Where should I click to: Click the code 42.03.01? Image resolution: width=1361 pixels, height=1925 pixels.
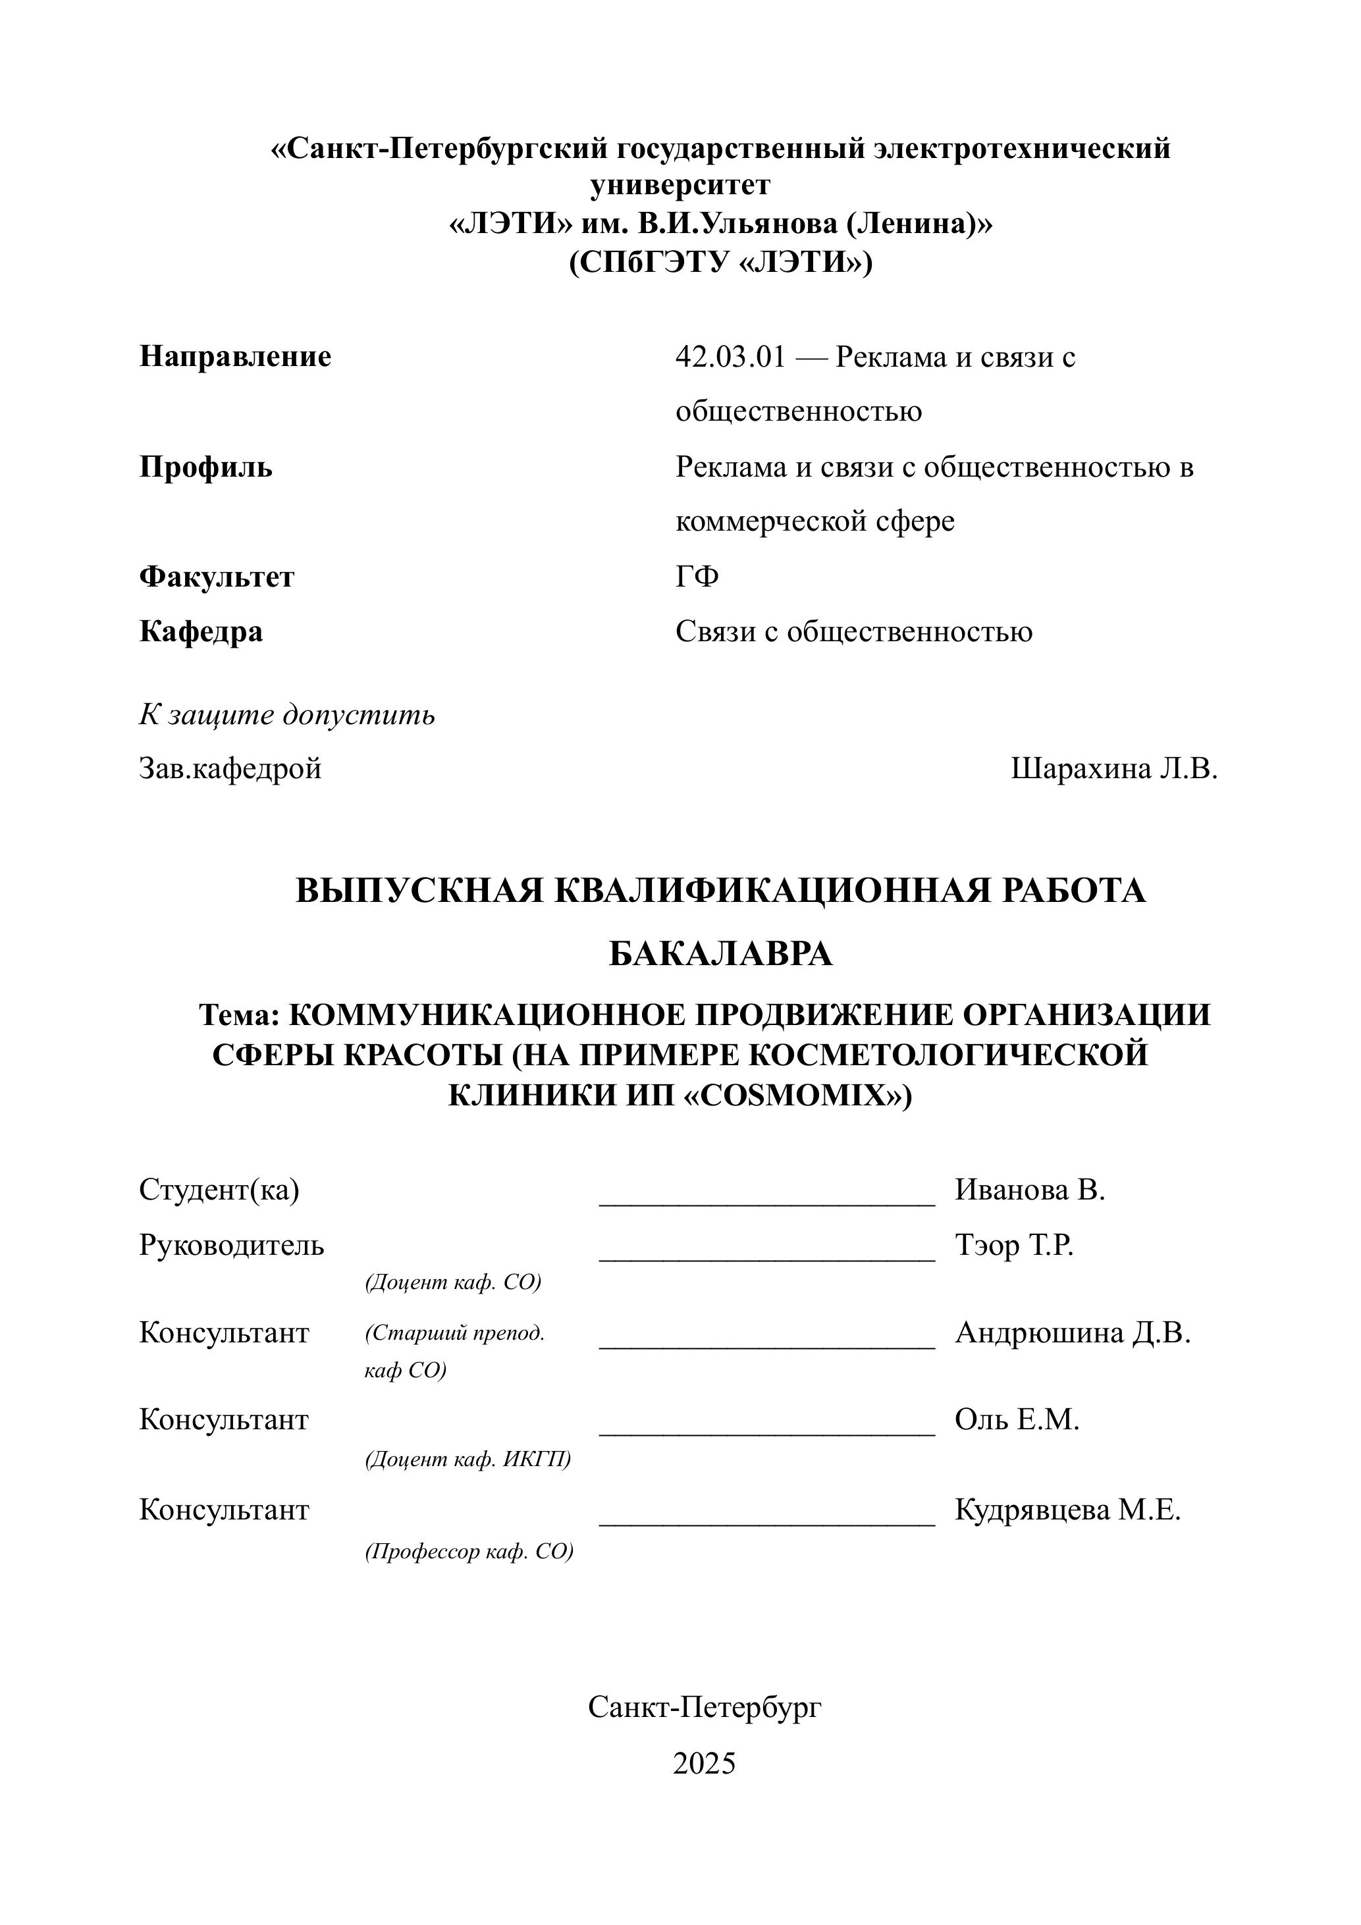pyautogui.click(x=730, y=357)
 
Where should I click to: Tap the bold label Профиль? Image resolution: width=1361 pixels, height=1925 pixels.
pyautogui.click(x=206, y=467)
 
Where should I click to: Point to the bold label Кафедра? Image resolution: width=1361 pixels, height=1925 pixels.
pyautogui.click(x=201, y=631)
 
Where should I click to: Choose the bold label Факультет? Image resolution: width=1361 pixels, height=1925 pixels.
pyautogui.click(x=217, y=577)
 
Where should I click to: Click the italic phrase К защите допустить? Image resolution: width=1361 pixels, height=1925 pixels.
pyautogui.click(x=287, y=714)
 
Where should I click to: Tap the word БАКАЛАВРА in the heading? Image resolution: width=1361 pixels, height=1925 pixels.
pyautogui.click(x=720, y=954)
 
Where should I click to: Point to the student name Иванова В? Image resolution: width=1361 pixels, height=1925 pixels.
pyautogui.click(x=1030, y=1190)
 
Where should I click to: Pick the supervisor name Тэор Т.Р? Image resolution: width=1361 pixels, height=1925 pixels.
pyautogui.click(x=1014, y=1245)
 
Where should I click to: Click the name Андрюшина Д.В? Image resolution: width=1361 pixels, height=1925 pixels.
pyautogui.click(x=1073, y=1332)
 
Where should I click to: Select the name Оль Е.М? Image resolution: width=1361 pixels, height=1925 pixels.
pyautogui.click(x=1017, y=1419)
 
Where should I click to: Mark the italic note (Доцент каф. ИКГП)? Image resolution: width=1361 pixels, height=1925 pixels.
pyautogui.click(x=468, y=1459)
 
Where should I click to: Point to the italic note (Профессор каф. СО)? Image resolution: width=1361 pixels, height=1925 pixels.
pyautogui.click(x=469, y=1551)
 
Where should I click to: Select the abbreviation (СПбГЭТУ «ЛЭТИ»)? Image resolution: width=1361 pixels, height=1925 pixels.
pyautogui.click(x=720, y=263)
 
